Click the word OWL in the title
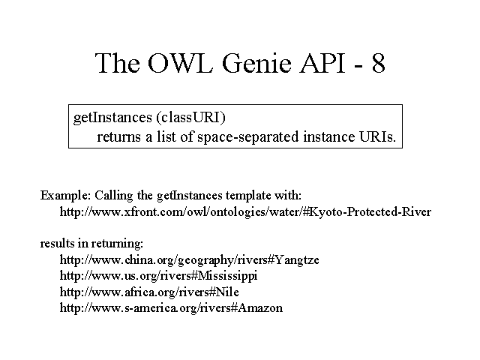[180, 63]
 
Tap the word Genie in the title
[256, 63]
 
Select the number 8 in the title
[378, 63]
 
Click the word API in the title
[323, 63]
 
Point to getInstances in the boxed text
[112, 118]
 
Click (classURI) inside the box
[191, 118]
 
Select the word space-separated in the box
[248, 136]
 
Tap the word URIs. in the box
[377, 136]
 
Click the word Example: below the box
[65, 195]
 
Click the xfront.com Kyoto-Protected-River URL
[245, 211]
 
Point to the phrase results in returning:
[91, 243]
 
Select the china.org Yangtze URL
[190, 260]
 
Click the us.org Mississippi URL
[158, 276]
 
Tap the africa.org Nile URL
[149, 292]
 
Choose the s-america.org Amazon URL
[171, 307]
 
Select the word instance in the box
[328, 136]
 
